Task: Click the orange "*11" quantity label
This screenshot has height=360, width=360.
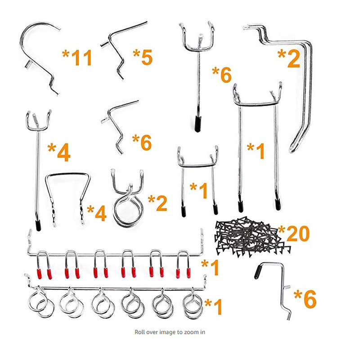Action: click(77, 58)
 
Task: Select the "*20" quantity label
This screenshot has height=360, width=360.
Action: click(294, 234)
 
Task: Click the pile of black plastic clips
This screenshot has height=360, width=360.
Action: click(252, 237)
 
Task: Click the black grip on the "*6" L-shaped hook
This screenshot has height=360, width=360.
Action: click(259, 271)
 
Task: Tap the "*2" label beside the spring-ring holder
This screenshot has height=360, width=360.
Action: click(157, 203)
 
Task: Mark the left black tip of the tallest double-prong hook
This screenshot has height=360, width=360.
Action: click(240, 206)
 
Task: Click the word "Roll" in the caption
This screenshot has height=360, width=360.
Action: click(139, 332)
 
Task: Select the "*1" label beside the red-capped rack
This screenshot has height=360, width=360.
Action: click(210, 267)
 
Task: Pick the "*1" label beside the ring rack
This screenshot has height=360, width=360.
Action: click(213, 306)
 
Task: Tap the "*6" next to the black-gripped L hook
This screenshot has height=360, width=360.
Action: click(305, 298)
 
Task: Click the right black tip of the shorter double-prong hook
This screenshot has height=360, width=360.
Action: click(216, 209)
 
